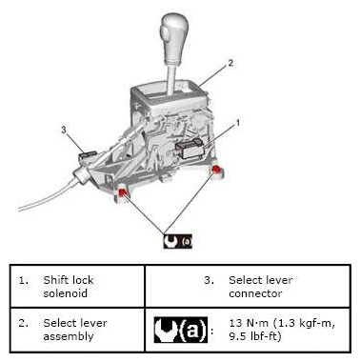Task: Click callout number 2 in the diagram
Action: [x=230, y=63]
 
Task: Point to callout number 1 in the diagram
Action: [x=237, y=123]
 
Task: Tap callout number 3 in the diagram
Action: [x=64, y=130]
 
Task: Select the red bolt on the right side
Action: [x=216, y=169]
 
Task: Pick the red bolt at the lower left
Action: [x=123, y=191]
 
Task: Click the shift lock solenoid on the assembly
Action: [x=189, y=148]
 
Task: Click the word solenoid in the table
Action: [x=65, y=293]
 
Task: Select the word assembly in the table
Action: [x=69, y=336]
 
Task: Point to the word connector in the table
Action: [x=255, y=293]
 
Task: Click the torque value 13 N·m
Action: [x=249, y=323]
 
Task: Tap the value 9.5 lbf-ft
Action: [x=255, y=336]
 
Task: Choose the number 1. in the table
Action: [x=23, y=280]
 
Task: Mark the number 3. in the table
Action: [x=209, y=280]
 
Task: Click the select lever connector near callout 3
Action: [x=88, y=155]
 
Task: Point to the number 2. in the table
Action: [x=23, y=323]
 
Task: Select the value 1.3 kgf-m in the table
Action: [x=301, y=323]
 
